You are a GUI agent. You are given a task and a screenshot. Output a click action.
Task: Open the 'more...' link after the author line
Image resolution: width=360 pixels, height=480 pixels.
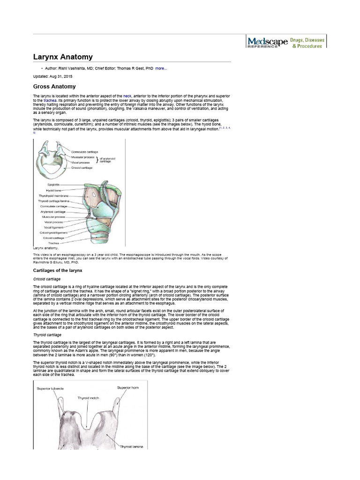coord(161,68)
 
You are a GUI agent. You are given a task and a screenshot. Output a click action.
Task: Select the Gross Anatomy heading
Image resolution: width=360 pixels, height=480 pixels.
coord(54,87)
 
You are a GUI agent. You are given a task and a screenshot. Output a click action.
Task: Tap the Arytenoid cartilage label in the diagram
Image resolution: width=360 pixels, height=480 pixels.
coord(52,212)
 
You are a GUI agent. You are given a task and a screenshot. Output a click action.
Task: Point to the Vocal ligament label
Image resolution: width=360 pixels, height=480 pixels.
coord(53,227)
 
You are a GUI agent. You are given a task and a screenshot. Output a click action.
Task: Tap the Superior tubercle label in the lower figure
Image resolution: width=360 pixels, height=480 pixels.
coord(50,389)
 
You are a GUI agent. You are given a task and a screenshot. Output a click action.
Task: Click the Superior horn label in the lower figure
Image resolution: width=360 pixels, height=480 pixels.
coord(128,388)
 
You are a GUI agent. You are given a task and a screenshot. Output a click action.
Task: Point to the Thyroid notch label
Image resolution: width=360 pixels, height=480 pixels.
coord(89,397)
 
